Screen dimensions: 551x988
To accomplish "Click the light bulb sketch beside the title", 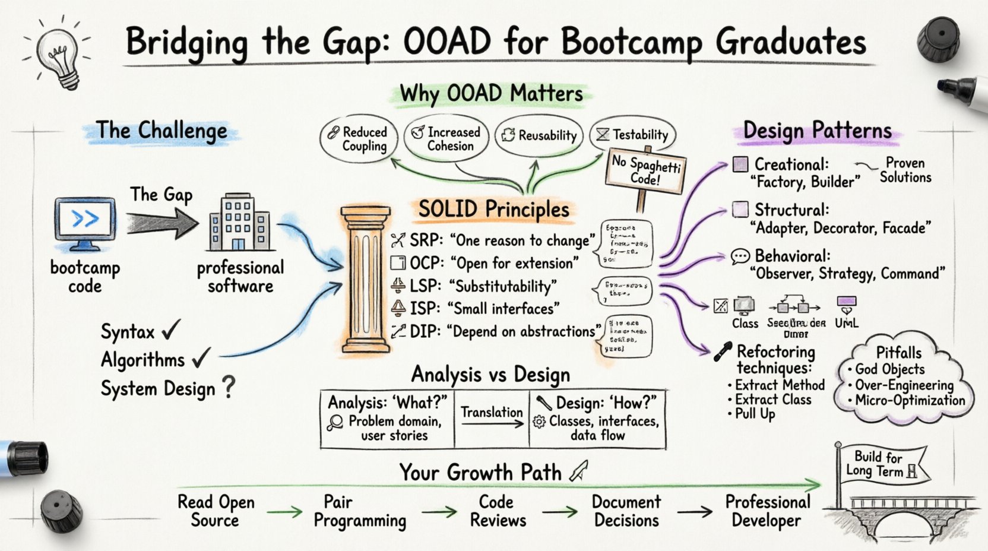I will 58,52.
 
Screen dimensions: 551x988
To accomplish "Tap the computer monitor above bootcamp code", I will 84,221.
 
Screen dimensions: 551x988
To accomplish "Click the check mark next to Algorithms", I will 201,358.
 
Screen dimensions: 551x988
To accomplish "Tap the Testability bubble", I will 633,135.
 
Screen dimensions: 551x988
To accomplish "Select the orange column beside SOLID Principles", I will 365,279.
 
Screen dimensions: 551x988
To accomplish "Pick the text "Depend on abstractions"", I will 522,331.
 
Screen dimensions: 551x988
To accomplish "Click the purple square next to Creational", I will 740,164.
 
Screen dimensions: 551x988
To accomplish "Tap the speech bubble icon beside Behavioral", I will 740,256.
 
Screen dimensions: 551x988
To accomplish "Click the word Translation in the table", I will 492,412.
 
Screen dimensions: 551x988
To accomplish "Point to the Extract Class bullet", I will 772,400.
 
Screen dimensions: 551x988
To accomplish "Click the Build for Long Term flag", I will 881,464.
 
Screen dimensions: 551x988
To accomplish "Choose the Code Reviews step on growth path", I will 498,511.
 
